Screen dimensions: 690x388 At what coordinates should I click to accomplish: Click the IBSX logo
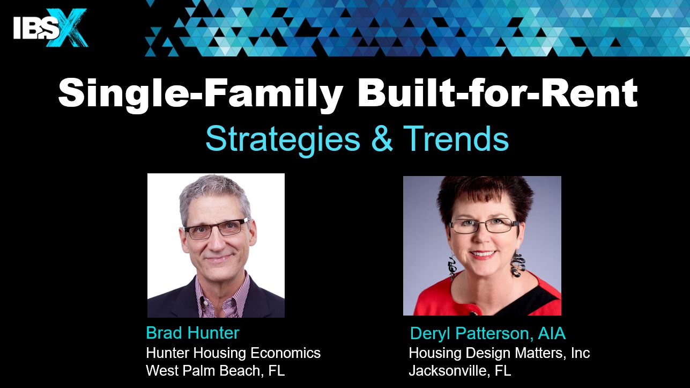51,28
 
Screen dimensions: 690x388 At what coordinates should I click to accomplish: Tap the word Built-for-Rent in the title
497,92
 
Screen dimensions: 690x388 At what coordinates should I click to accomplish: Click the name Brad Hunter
192,333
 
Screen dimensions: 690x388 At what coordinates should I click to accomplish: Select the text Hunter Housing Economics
233,353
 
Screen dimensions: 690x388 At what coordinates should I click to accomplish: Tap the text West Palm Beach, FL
216,370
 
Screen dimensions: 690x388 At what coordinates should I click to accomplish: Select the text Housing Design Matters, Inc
499,353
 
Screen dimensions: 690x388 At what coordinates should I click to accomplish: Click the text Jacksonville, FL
460,370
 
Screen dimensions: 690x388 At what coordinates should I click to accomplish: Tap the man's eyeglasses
217,229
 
